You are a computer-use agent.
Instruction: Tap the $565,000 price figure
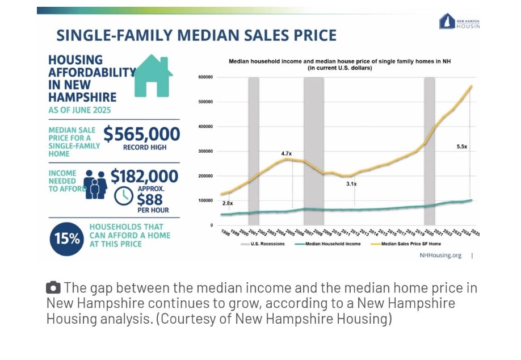click(x=141, y=135)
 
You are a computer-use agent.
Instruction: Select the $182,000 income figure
click(x=144, y=177)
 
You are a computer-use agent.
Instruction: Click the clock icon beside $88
click(x=123, y=196)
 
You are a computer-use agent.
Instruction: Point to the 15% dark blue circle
click(x=68, y=238)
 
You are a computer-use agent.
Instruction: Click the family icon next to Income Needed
click(x=95, y=185)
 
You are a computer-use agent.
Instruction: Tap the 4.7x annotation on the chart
click(x=286, y=154)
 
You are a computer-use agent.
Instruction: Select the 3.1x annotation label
click(x=351, y=184)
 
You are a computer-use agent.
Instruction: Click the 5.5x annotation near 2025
click(x=461, y=146)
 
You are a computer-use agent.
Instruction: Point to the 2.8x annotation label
click(x=227, y=203)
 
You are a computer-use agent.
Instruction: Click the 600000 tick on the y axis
click(x=205, y=77)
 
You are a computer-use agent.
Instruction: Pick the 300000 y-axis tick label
click(x=205, y=152)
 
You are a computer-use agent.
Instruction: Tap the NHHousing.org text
click(x=440, y=256)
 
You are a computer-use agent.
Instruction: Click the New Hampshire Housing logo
click(x=459, y=22)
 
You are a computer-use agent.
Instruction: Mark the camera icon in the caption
click(x=53, y=288)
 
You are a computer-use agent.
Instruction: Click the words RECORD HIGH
click(x=145, y=148)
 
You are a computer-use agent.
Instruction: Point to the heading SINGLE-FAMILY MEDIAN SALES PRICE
click(x=196, y=36)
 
